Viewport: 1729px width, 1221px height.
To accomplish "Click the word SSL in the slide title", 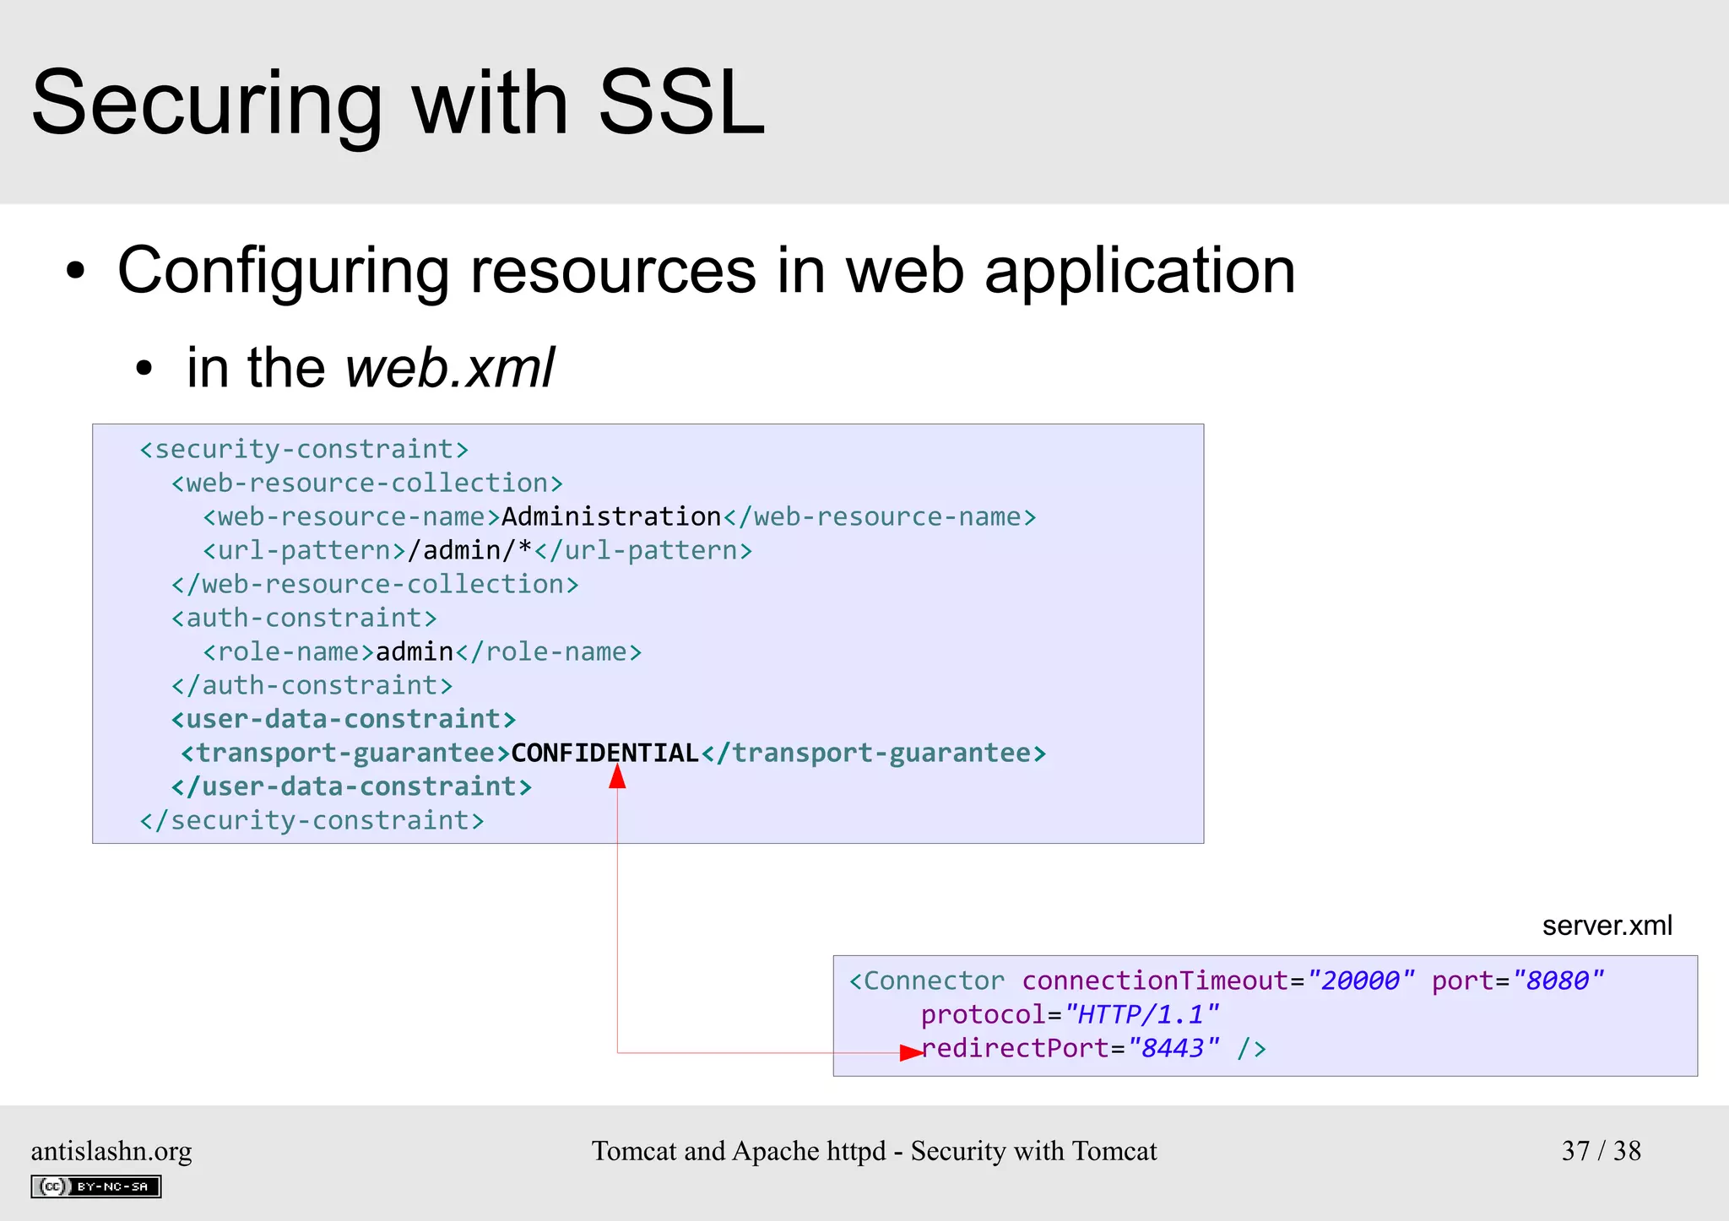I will (x=680, y=104).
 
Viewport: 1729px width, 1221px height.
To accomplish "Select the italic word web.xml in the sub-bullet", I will (x=449, y=368).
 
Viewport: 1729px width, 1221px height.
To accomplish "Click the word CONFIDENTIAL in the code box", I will (x=604, y=753).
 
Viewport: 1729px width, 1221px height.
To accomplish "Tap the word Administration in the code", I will (x=611, y=516).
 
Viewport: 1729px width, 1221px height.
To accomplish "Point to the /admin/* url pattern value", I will (x=469, y=550).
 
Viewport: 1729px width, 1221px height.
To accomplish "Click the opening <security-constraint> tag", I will (x=304, y=449).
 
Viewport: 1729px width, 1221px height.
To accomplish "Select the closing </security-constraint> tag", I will (x=312, y=820).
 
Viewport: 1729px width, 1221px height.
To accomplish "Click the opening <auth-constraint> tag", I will (x=304, y=618).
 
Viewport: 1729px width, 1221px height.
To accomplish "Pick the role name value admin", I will (x=415, y=651).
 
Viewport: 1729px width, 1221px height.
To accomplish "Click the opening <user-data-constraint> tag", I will (x=343, y=719).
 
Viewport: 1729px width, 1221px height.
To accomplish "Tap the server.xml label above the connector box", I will (x=1607, y=926).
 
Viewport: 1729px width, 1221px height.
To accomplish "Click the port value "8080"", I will (x=1558, y=981).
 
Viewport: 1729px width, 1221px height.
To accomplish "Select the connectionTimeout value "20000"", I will (x=1359, y=981).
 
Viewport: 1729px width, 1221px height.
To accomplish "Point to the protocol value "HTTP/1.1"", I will (x=1141, y=1014).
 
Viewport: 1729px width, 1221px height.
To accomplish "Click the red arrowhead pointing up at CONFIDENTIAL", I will (x=617, y=776).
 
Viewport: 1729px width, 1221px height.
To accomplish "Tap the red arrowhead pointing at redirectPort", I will (x=911, y=1052).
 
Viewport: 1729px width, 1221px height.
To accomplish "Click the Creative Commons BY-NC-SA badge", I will (x=96, y=1186).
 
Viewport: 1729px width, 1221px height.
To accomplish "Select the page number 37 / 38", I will (x=1601, y=1151).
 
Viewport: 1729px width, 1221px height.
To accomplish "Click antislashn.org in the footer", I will (x=111, y=1151).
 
